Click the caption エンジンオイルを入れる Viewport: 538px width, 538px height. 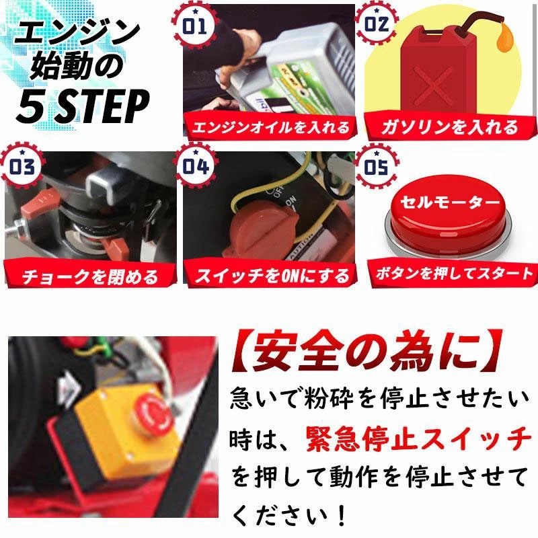(271, 126)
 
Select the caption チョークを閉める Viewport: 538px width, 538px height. (89, 275)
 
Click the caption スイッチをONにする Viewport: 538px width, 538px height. (272, 274)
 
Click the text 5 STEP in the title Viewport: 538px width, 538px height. (82, 104)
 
